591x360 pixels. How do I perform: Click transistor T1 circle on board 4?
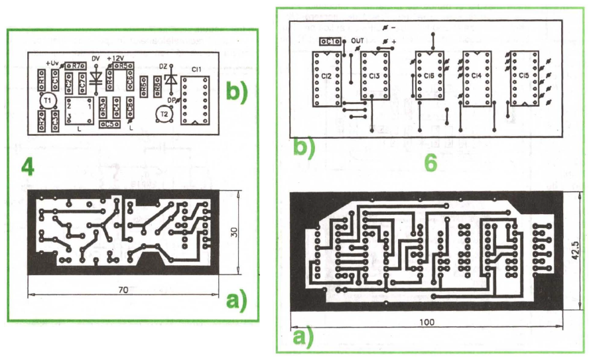pyautogui.click(x=47, y=101)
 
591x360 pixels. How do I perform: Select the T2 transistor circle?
pyautogui.click(x=164, y=115)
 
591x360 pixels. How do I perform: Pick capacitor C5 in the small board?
pyautogui.click(x=107, y=123)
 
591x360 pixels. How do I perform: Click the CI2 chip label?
pyautogui.click(x=326, y=77)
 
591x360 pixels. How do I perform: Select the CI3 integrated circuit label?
pyautogui.click(x=374, y=77)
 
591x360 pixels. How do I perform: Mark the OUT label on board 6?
pyautogui.click(x=358, y=40)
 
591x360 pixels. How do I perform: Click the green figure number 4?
pyautogui.click(x=27, y=168)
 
